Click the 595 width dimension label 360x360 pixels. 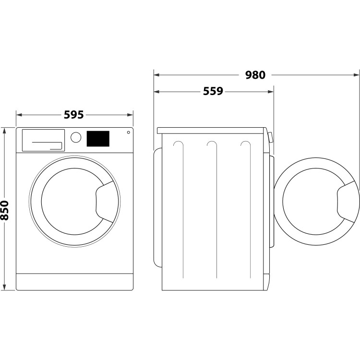point(74,115)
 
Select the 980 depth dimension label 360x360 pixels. point(255,75)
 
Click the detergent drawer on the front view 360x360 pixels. point(43,140)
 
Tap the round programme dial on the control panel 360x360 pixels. point(76,137)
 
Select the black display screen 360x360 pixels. point(98,139)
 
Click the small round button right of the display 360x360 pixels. point(128,132)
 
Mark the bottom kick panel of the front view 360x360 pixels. point(74,282)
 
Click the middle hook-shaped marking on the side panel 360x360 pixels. point(212,145)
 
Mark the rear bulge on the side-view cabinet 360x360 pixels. point(156,206)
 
